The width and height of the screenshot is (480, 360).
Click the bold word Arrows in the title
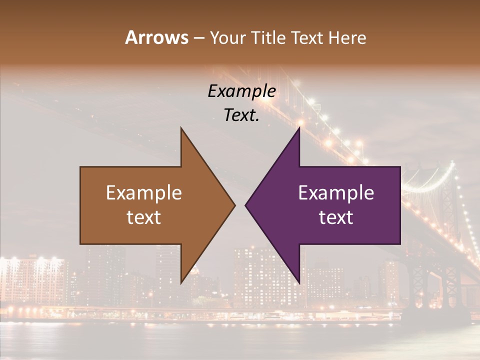click(x=156, y=37)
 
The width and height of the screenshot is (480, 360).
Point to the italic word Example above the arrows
click(x=241, y=91)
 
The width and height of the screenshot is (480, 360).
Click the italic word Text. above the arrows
click(x=241, y=115)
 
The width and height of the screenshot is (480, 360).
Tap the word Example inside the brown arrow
click(x=144, y=192)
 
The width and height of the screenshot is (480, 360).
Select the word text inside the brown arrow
click(x=144, y=217)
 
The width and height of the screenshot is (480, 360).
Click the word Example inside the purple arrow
click(x=336, y=192)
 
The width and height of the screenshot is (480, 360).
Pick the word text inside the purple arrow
click(x=336, y=217)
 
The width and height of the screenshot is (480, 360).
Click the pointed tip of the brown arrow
click(x=235, y=205)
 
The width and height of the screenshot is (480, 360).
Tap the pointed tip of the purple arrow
click(x=245, y=205)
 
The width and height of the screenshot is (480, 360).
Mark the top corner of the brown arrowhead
click(x=181, y=128)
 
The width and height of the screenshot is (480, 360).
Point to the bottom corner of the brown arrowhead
click(x=181, y=283)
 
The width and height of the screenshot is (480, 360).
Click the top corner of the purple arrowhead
click(x=299, y=128)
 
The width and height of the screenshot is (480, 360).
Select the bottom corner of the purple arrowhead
click(x=299, y=283)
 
